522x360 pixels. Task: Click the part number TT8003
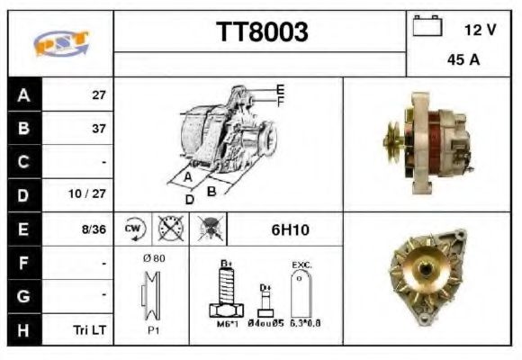pyautogui.click(x=261, y=32)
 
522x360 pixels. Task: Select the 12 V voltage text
pyautogui.click(x=480, y=30)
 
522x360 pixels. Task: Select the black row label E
pyautogui.click(x=22, y=229)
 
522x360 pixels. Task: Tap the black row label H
pyautogui.click(x=22, y=329)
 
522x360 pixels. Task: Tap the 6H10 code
pyautogui.click(x=290, y=229)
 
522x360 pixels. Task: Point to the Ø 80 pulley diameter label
pyautogui.click(x=152, y=257)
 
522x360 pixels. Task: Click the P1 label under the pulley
pyautogui.click(x=154, y=330)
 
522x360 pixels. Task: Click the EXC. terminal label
pyautogui.click(x=301, y=265)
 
